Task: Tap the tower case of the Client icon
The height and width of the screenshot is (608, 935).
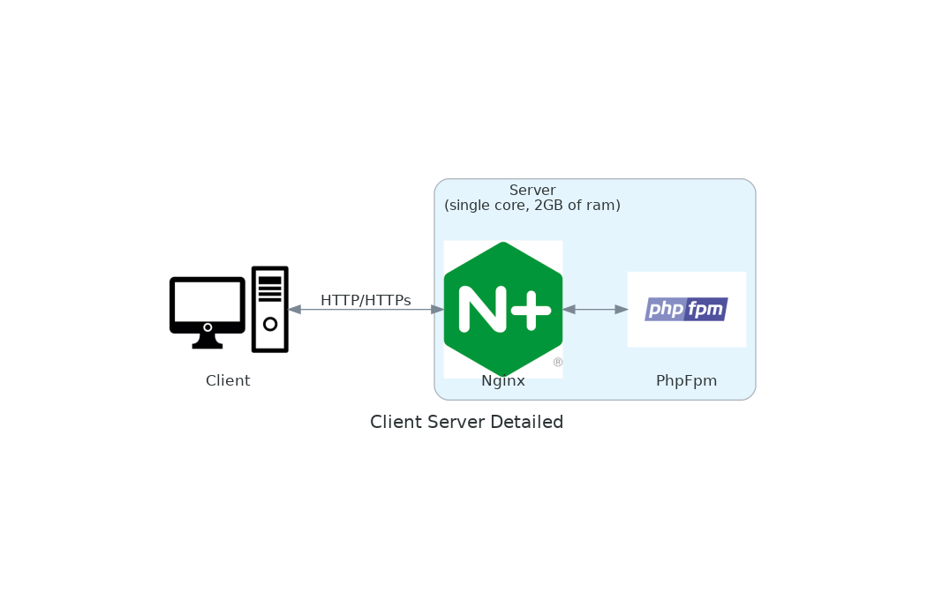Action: point(270,309)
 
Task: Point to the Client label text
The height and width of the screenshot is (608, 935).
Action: point(228,381)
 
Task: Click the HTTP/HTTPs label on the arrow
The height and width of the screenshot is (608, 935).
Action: point(366,301)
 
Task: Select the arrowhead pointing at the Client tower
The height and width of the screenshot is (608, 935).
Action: point(295,310)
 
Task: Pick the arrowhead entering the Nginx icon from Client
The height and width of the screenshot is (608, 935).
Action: point(437,310)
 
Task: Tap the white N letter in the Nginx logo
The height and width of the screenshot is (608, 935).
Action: point(482,310)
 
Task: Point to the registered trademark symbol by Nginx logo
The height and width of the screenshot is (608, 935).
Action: point(558,363)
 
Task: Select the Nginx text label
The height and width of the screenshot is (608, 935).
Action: point(503,381)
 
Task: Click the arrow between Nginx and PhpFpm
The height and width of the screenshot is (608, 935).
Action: point(595,310)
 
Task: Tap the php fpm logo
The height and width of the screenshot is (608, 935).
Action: point(686,310)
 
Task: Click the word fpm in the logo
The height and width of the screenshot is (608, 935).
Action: point(705,310)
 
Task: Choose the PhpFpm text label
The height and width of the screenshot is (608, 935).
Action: point(686,381)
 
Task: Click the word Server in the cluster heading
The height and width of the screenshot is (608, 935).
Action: point(532,191)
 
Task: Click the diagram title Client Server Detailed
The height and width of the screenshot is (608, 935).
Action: point(466,423)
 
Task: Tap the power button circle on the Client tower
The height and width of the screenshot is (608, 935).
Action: point(270,324)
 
